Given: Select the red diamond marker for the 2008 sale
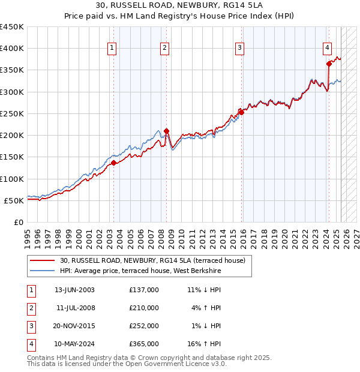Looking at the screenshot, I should pyautogui.click(x=166, y=131).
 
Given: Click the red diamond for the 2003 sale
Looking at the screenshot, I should pyautogui.click(x=114, y=163).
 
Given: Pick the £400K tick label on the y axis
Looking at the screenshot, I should pyautogui.click(x=12, y=49).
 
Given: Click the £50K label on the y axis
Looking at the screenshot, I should pyautogui.click(x=14, y=200).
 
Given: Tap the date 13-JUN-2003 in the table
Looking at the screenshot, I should pyautogui.click(x=74, y=290).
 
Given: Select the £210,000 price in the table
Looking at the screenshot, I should pyautogui.click(x=144, y=308).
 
